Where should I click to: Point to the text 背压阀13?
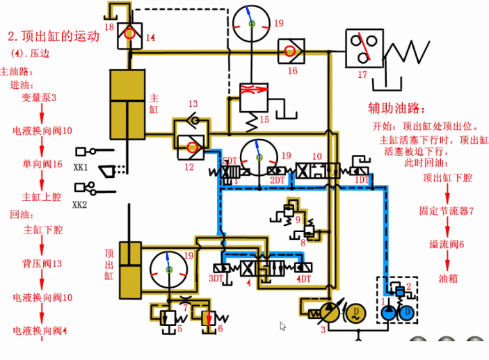[42, 263]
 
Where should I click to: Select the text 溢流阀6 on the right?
[447, 244]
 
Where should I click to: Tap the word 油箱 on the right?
[447, 278]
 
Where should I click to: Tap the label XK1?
[81, 167]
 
